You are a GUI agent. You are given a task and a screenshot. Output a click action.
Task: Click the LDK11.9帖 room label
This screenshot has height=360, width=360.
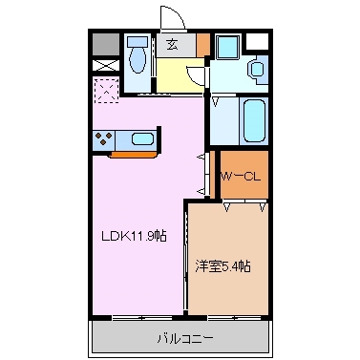(133, 236)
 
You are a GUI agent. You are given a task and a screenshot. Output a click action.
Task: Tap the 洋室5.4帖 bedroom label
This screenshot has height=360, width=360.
(224, 266)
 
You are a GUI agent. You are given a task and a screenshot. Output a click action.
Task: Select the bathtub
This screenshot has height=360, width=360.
(253, 120)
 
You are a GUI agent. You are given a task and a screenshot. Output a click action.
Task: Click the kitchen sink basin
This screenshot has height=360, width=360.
(142, 138)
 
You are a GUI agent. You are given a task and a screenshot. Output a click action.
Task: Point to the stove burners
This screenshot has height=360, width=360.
(103, 138)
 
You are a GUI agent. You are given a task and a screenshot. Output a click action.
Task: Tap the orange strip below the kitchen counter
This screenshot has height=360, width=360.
(134, 153)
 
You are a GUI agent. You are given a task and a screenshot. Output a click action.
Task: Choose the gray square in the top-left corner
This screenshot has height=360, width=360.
(104, 42)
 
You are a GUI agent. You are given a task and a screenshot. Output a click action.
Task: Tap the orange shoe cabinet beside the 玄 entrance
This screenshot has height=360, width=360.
(202, 44)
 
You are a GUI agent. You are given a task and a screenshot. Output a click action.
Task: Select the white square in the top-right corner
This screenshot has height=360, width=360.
(257, 42)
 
